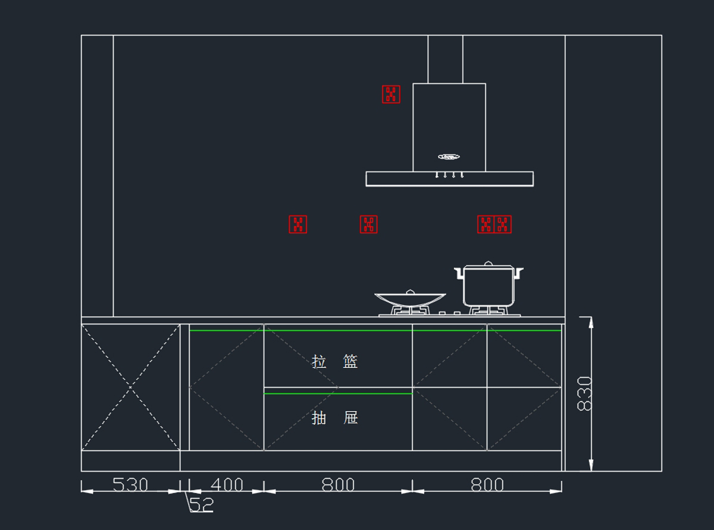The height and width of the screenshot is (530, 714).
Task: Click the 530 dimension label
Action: click(x=130, y=485)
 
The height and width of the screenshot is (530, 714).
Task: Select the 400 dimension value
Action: click(x=227, y=485)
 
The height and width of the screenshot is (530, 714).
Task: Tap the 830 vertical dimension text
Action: click(x=585, y=393)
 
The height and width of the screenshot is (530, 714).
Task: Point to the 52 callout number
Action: click(x=201, y=505)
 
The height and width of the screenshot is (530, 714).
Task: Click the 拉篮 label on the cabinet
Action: click(x=335, y=361)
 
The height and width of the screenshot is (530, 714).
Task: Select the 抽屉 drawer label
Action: click(x=335, y=417)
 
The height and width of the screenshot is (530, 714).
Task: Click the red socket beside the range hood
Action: click(x=391, y=94)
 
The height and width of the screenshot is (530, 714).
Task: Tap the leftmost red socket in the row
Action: click(x=298, y=225)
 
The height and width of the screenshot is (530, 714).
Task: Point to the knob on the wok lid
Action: click(x=409, y=291)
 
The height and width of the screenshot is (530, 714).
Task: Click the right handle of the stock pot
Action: click(x=518, y=273)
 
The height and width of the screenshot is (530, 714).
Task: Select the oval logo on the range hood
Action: click(x=449, y=157)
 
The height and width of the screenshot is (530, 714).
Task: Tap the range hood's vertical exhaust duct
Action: click(x=445, y=58)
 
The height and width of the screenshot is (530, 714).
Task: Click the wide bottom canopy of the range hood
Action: click(x=449, y=179)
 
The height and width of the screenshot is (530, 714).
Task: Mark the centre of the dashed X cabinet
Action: click(x=130, y=388)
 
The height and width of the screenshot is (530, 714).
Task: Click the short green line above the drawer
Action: click(x=338, y=394)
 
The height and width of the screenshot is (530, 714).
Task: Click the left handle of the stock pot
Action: click(x=459, y=273)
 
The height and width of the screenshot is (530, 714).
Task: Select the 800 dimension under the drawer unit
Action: click(x=338, y=485)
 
